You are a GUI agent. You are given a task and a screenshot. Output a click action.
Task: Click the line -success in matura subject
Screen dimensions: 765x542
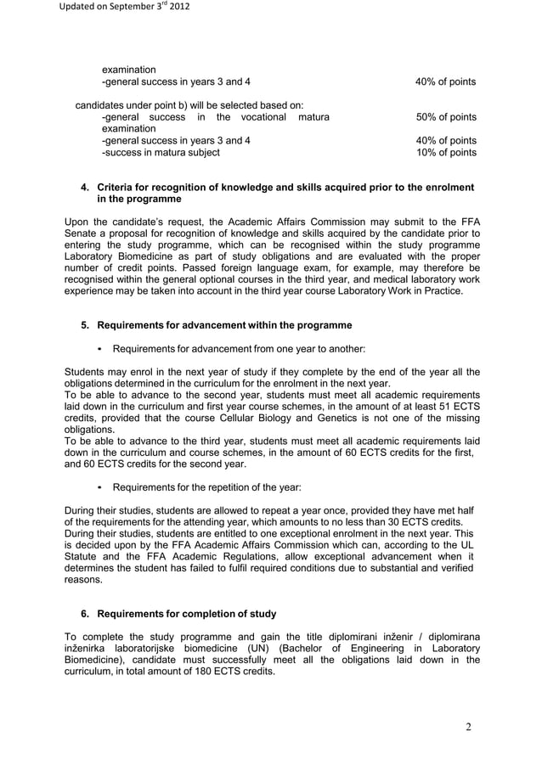click(160, 153)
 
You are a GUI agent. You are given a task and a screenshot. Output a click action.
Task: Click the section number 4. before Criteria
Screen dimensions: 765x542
click(85, 187)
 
